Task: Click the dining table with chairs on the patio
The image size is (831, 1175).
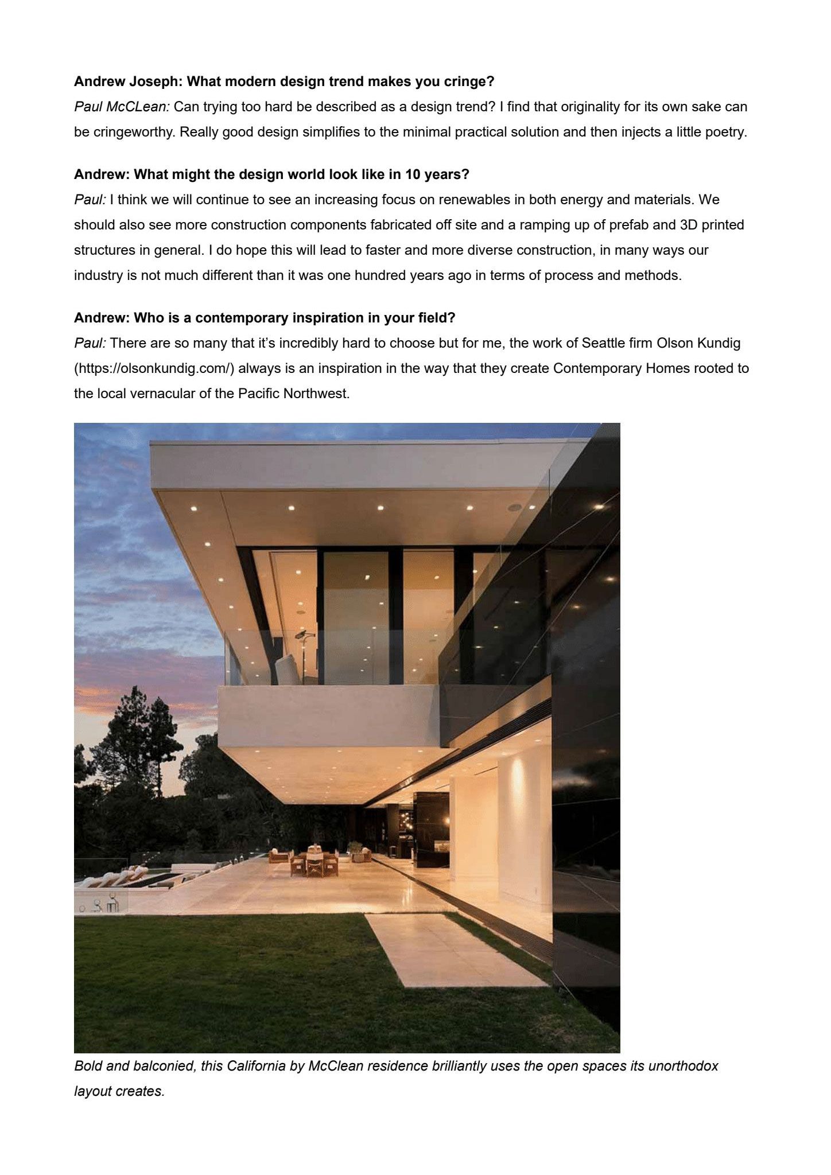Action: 313,861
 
